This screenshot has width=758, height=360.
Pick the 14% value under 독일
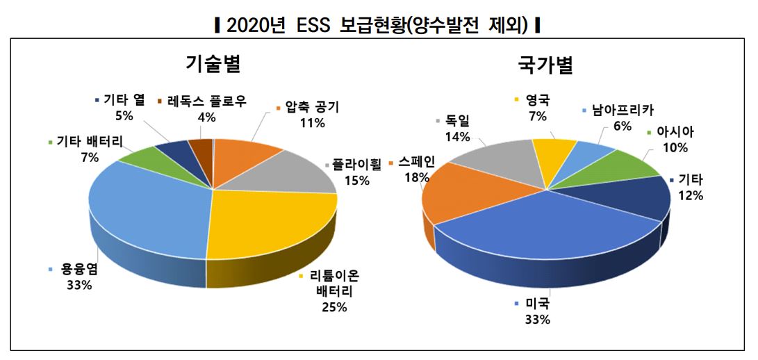(459, 137)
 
